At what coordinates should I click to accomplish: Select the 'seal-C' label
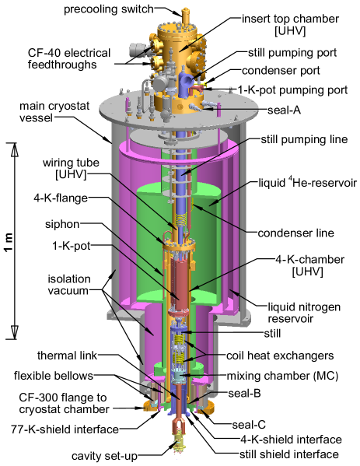pyautogui.click(x=249, y=424)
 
